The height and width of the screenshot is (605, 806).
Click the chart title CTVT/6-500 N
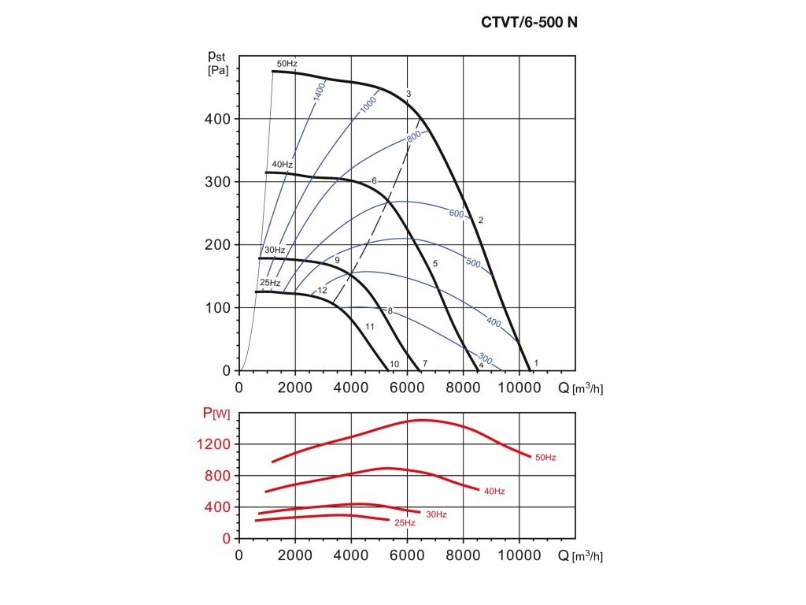pyautogui.click(x=529, y=23)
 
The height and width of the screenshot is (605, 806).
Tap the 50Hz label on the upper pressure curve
pyautogui.click(x=287, y=63)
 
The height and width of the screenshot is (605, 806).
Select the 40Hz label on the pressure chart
pyautogui.click(x=283, y=165)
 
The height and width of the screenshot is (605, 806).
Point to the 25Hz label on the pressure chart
pyautogui.click(x=270, y=283)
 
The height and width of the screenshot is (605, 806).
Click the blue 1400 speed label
pyautogui.click(x=318, y=93)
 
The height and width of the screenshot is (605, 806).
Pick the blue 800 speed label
pyautogui.click(x=414, y=135)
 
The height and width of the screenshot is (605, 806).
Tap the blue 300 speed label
pyautogui.click(x=485, y=360)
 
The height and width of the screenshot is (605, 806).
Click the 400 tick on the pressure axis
pyautogui.click(x=219, y=119)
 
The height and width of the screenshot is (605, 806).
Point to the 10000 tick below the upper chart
pyautogui.click(x=519, y=388)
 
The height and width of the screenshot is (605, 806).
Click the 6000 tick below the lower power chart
pyautogui.click(x=407, y=555)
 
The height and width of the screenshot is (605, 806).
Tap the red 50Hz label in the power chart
pyautogui.click(x=545, y=458)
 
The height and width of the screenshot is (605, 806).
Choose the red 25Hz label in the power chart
pyautogui.click(x=405, y=523)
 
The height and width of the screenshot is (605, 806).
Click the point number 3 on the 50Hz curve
pyautogui.click(x=409, y=95)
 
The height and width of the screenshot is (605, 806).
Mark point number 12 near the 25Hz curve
pyautogui.click(x=322, y=291)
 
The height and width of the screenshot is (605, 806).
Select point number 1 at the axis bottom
pyautogui.click(x=536, y=362)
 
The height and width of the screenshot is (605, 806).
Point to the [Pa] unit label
pyautogui.click(x=218, y=71)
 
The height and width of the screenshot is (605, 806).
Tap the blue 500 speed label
pyautogui.click(x=473, y=263)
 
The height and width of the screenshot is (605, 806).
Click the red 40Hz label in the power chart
pyautogui.click(x=494, y=492)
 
